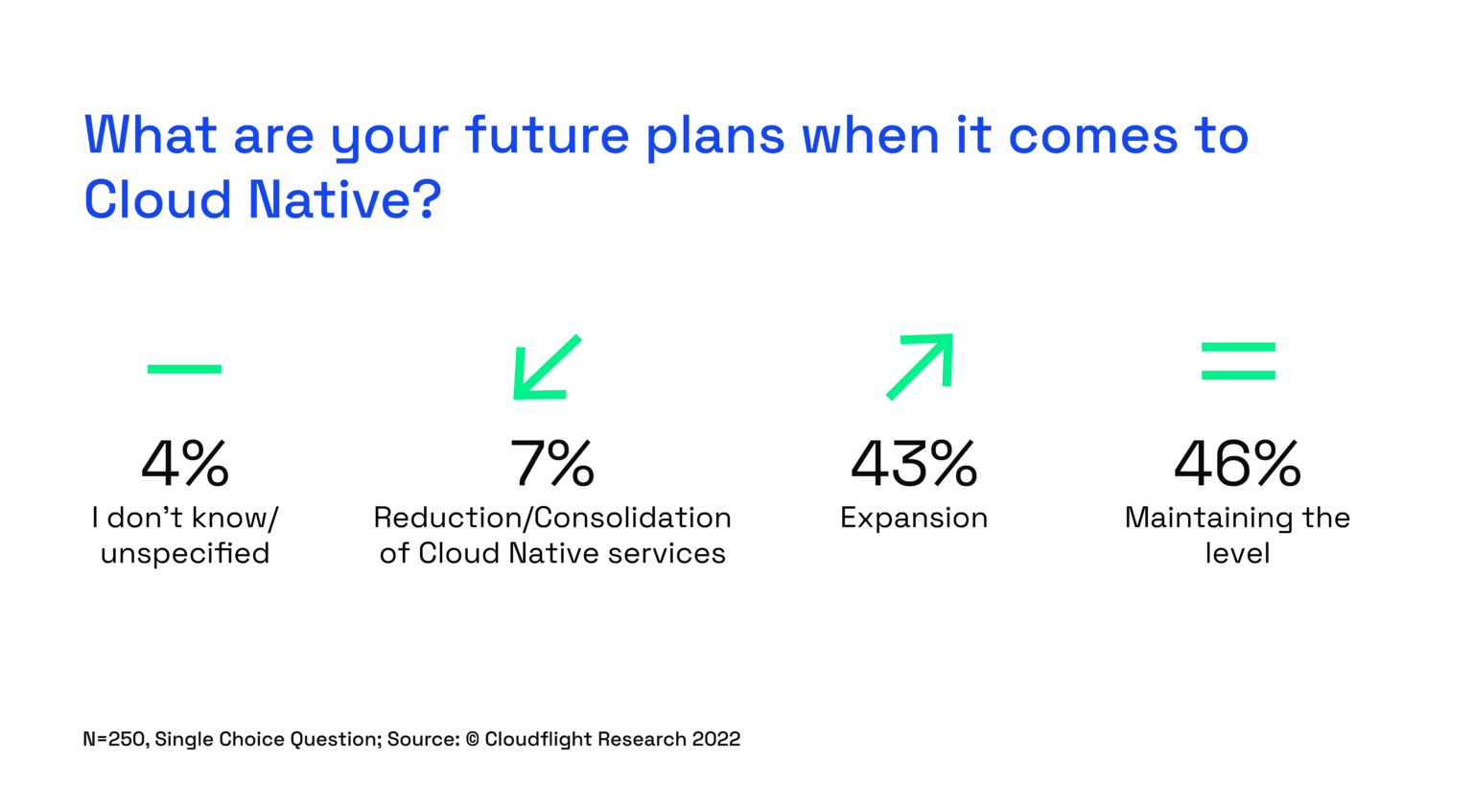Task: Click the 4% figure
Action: point(185,464)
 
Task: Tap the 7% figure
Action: point(552,464)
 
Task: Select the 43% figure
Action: point(914,464)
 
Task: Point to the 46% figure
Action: point(1237,464)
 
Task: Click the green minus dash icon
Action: point(184,369)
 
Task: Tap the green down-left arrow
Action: point(547,367)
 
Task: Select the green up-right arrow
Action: point(921,365)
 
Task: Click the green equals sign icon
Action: point(1238,361)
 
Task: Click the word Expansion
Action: point(914,519)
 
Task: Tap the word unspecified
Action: point(185,554)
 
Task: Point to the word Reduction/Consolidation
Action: point(552,519)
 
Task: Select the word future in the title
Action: point(547,135)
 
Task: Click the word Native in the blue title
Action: point(330,200)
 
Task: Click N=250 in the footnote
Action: point(114,739)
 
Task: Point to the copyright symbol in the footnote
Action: point(473,739)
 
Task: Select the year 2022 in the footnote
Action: point(716,739)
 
